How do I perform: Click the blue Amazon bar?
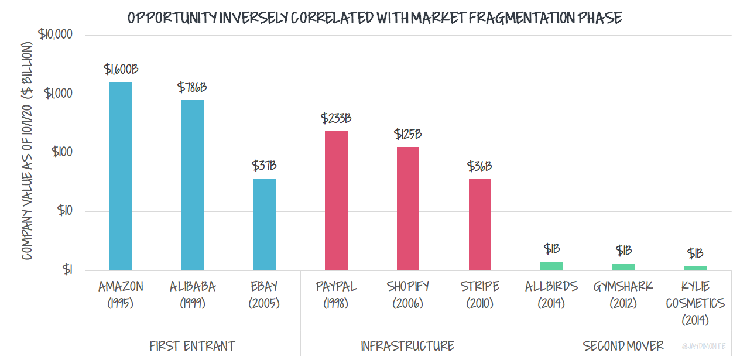click(121, 176)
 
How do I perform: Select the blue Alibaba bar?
click(193, 185)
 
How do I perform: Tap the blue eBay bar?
click(265, 224)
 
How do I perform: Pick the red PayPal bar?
click(336, 200)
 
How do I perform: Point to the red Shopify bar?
click(408, 208)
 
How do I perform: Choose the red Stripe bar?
click(479, 224)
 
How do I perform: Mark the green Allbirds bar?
click(551, 266)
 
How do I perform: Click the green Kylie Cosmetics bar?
click(695, 268)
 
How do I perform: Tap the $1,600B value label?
click(121, 69)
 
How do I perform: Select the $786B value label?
click(192, 88)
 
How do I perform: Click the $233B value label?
click(336, 118)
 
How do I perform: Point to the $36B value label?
click(479, 166)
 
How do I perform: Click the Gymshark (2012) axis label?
click(623, 294)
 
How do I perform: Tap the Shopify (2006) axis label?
click(408, 294)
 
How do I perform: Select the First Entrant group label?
click(193, 345)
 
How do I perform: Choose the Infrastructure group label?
click(407, 345)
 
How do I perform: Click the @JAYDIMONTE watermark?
click(704, 347)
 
